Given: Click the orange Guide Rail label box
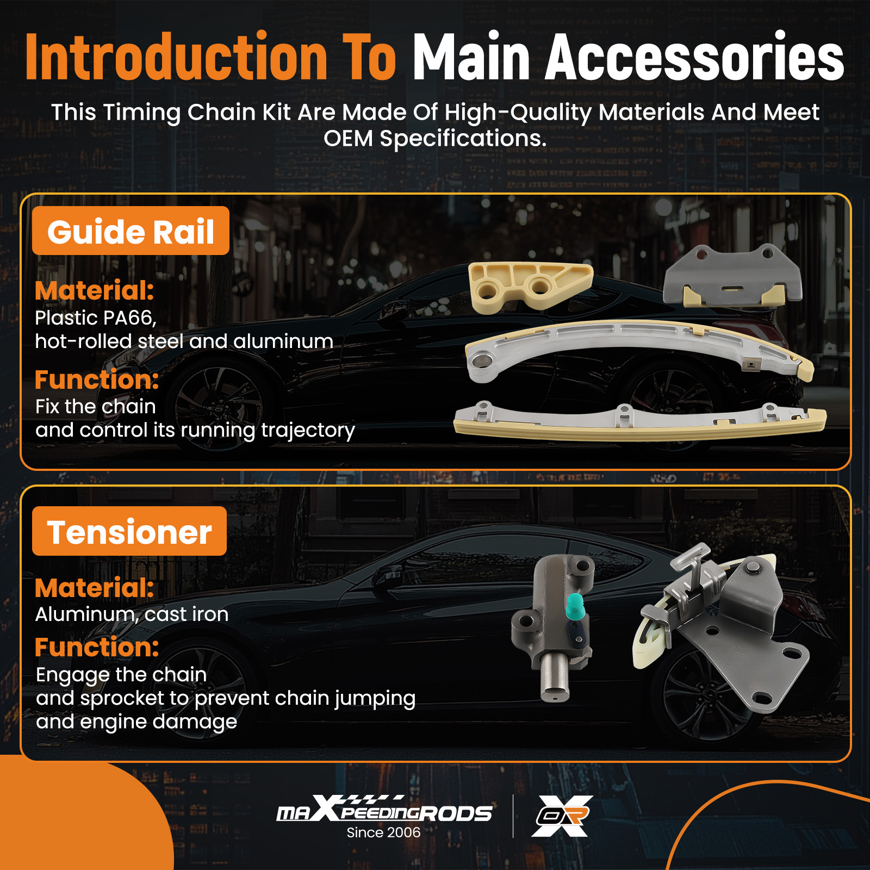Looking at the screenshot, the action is tap(130, 231).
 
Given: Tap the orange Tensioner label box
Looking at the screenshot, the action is tap(129, 531).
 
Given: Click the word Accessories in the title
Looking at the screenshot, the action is tap(695, 57).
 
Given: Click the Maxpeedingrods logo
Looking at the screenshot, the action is tap(384, 809).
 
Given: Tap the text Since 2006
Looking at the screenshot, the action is tap(383, 832).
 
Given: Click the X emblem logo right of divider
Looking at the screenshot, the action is tap(562, 816).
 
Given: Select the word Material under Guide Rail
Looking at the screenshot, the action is tap(95, 290).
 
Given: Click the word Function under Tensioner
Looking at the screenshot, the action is tap(97, 647).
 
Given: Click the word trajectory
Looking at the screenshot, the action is tap(308, 430).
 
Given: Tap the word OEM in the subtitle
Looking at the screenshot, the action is tap(348, 139).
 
